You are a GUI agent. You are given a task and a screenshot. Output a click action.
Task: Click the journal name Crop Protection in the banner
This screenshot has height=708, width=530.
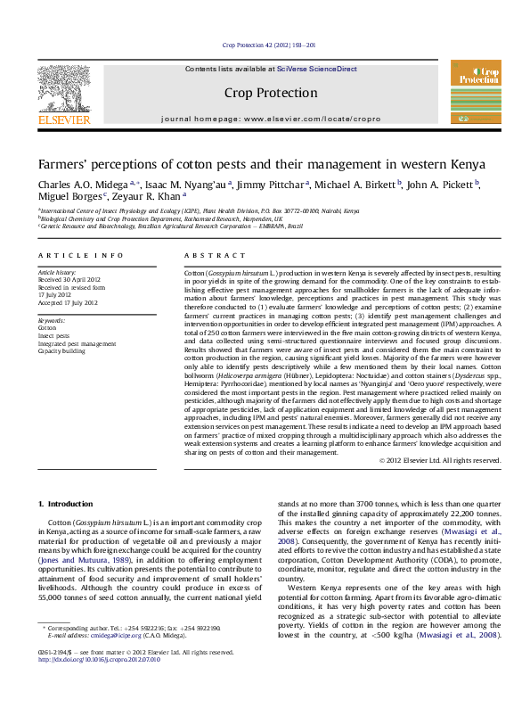[x=271, y=93]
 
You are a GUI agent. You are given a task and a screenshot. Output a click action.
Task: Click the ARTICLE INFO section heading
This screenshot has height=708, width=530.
[x=81, y=255]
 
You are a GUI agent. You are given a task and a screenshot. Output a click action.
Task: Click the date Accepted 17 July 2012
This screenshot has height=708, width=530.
[x=68, y=302]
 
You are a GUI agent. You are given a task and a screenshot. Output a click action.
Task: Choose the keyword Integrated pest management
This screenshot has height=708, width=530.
[x=77, y=343]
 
